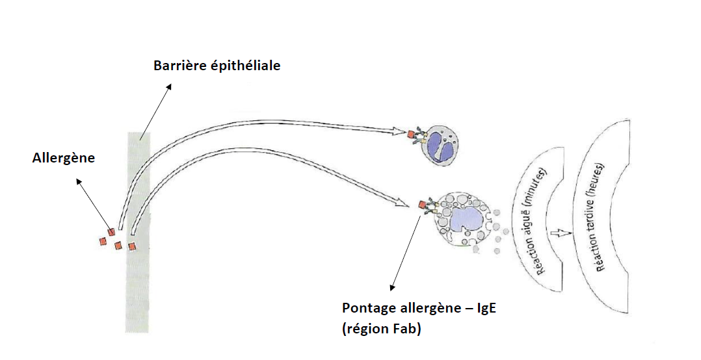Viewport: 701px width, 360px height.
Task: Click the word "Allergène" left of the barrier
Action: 63,157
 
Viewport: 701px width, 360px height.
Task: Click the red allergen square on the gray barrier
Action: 132,246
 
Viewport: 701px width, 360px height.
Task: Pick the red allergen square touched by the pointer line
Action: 111,232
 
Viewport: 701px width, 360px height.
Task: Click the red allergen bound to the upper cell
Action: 411,135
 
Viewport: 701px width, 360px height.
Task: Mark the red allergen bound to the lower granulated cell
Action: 423,205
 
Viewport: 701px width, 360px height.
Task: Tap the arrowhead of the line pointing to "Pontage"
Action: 392,288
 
